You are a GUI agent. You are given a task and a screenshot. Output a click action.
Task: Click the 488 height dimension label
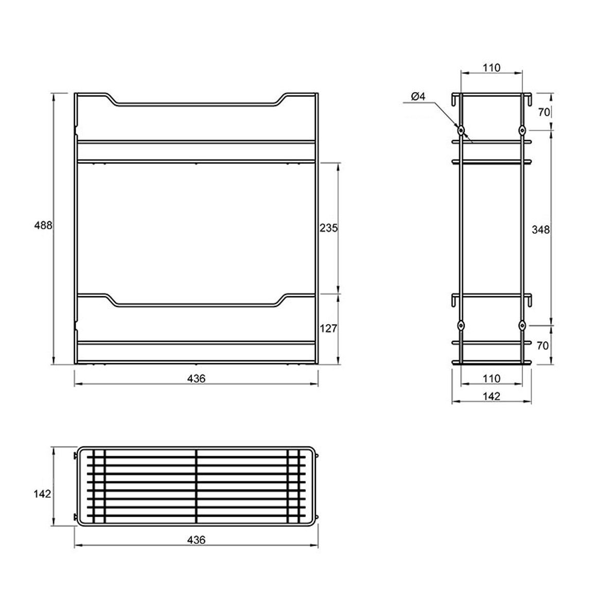click(43, 225)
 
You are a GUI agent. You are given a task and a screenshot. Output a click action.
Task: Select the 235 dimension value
click(328, 228)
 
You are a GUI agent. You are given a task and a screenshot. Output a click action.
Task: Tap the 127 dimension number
click(328, 328)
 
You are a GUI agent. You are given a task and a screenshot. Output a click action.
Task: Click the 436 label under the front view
click(196, 378)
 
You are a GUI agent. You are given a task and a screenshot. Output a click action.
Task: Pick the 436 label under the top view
click(196, 539)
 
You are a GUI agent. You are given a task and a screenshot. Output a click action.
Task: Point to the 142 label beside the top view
click(42, 494)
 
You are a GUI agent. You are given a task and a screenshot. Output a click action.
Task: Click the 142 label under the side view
click(492, 396)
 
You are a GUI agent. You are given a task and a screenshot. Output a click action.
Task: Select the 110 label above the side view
click(492, 68)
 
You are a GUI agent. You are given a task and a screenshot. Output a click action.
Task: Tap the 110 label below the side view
click(492, 378)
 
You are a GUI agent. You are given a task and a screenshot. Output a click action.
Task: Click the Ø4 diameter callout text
click(418, 96)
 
